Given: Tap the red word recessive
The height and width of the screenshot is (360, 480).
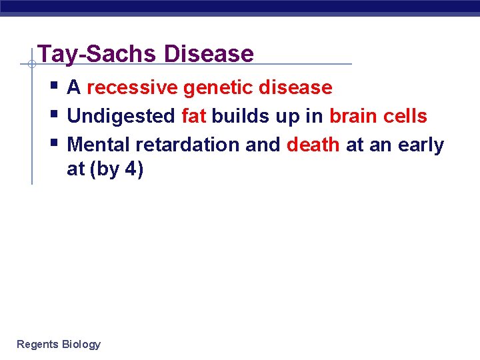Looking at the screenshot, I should pos(132,87).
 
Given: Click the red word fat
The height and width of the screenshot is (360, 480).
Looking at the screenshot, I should pos(193,116).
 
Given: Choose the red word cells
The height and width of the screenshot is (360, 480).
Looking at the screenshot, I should pos(405,116).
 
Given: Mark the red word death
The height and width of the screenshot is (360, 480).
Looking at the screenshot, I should pos(313,145).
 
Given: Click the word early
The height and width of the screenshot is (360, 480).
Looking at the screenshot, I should pos(421,145).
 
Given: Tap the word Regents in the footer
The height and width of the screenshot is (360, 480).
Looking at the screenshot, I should pos(37,344).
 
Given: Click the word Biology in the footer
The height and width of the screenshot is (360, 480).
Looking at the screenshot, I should pos(81,344).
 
